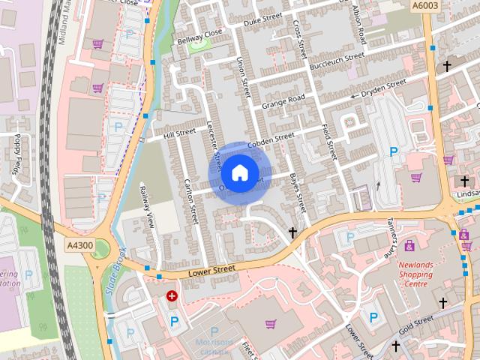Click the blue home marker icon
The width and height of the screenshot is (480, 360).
pyautogui.click(x=239, y=172)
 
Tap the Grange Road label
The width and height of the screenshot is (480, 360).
pyautogui.click(x=283, y=100)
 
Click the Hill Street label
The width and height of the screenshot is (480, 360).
pyautogui.click(x=179, y=133)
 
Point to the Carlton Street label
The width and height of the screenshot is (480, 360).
pyautogui.click(x=190, y=200)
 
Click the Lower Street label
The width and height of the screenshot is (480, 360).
pyautogui.click(x=212, y=268)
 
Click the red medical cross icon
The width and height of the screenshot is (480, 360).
pyautogui.click(x=172, y=297)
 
